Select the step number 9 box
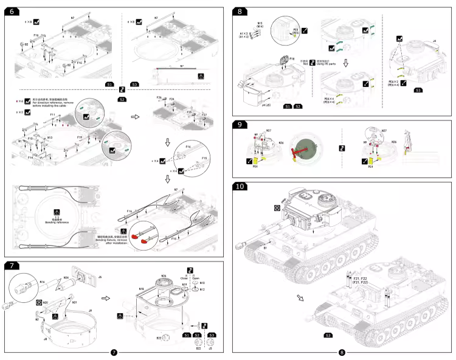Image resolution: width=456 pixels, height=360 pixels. [x=241, y=125]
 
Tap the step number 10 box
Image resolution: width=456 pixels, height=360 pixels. [x=243, y=186]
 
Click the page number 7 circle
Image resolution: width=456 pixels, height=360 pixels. [x=114, y=353]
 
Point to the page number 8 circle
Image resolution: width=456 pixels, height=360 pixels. [x=342, y=353]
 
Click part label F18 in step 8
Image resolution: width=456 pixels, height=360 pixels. [x=291, y=59]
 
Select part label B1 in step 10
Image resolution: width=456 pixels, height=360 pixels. [x=265, y=248]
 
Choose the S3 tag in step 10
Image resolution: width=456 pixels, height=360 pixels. [x=328, y=336]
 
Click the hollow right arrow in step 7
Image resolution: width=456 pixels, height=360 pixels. [x=105, y=299]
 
